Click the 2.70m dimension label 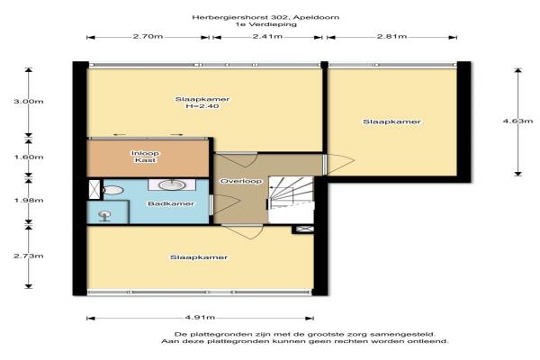point(148,36)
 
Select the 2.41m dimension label point(267,36)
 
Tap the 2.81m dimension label point(391,36)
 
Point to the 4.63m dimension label point(517,121)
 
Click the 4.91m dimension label point(200,318)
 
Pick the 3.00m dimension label point(29,102)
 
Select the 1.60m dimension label point(29,157)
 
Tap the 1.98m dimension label point(29,200)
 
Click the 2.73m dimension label point(29,256)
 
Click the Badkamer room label point(171,203)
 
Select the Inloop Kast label point(145,157)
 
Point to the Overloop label point(241,181)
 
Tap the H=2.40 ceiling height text point(202,106)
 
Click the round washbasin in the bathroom point(172,185)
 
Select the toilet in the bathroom point(113,190)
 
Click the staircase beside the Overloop point(291,200)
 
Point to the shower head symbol point(104,216)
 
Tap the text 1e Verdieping point(265,24)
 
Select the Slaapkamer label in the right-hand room point(391,122)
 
